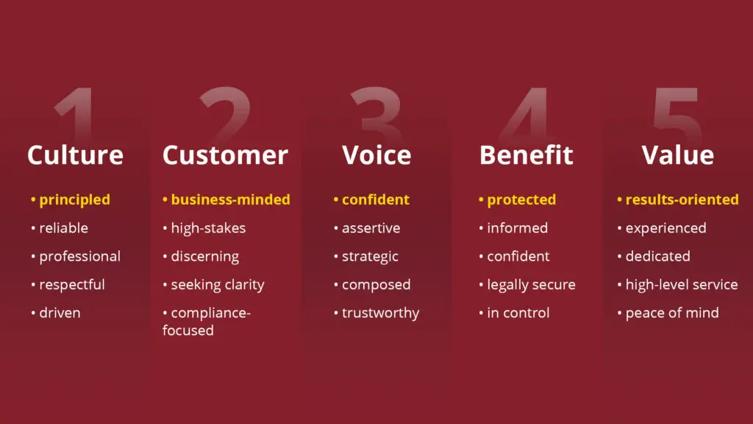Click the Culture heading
tap(76, 155)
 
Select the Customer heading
tap(225, 155)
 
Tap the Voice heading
tap(376, 155)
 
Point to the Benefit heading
tap(527, 155)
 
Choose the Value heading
tap(677, 155)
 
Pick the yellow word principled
tap(74, 200)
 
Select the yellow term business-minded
tap(230, 199)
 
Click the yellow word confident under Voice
tap(376, 199)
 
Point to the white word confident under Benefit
tap(518, 256)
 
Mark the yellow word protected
tap(521, 200)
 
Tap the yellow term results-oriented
tap(682, 199)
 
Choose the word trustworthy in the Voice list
tap(380, 313)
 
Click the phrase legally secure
tap(531, 285)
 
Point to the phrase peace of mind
tap(672, 313)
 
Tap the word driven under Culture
tap(60, 313)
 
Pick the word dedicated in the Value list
tap(658, 256)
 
